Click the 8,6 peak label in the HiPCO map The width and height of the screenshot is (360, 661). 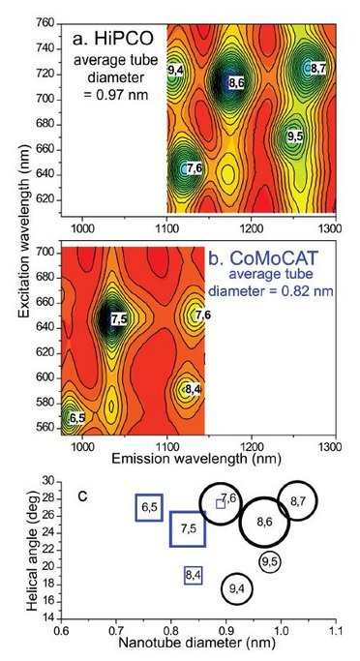(235, 85)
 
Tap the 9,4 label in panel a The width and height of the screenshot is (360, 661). (176, 71)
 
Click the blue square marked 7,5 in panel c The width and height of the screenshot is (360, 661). (189, 528)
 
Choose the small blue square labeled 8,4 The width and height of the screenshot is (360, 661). (193, 575)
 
